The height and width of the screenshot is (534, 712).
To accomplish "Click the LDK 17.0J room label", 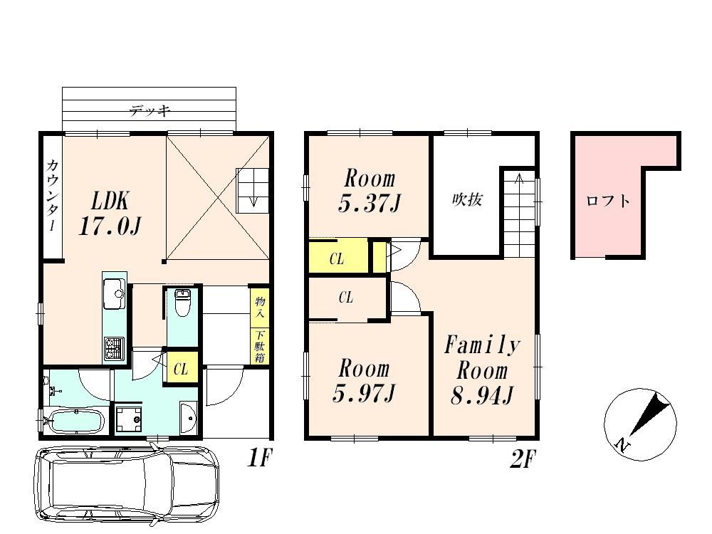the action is (110, 213).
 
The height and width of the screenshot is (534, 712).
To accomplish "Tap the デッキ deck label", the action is (150, 110).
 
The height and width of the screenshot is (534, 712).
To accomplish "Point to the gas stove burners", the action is (114, 348).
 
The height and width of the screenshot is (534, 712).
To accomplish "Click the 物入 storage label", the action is (260, 307).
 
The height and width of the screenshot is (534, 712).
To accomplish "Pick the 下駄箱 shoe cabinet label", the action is (260, 346).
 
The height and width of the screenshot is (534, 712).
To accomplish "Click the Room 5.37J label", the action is (370, 191).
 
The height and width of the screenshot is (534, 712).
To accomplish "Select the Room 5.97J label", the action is (364, 380).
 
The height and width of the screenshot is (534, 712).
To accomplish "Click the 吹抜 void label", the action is (467, 200).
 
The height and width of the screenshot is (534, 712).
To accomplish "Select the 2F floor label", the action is (523, 459).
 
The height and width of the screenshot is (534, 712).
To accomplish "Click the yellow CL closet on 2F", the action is (338, 258).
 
